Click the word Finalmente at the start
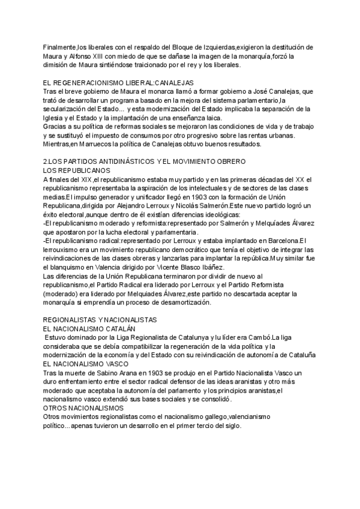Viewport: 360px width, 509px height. coord(59,47)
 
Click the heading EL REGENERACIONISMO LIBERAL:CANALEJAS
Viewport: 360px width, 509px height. coord(118,82)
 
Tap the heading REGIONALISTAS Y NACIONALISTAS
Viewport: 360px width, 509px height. coord(100,320)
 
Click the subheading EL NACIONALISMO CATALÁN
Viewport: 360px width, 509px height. coord(89,329)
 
